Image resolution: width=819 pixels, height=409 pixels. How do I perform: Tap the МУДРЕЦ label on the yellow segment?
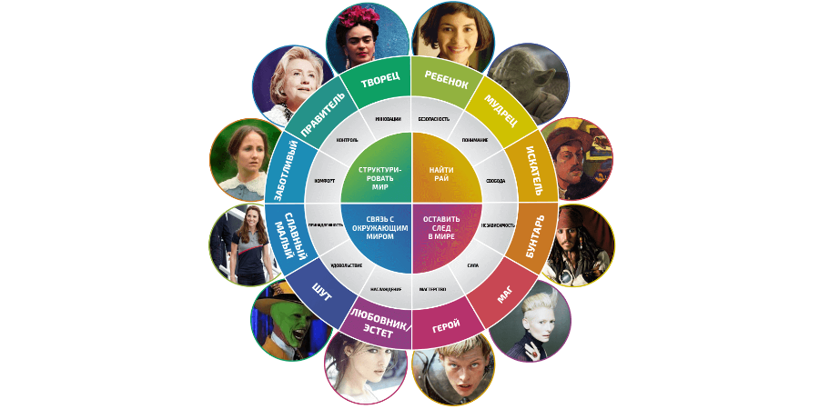pyautogui.click(x=500, y=111)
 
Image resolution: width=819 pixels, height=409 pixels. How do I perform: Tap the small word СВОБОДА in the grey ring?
pyautogui.click(x=496, y=181)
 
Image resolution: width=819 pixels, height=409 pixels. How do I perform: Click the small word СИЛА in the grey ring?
pyautogui.click(x=473, y=265)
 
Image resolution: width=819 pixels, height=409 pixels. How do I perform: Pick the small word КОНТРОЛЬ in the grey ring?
pyautogui.click(x=347, y=141)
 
